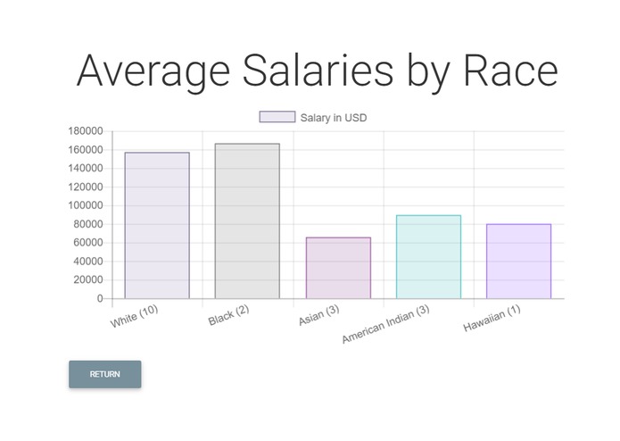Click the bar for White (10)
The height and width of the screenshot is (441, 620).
pos(157,225)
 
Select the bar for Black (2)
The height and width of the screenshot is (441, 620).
pos(247,220)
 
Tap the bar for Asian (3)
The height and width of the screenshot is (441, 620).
pos(338,268)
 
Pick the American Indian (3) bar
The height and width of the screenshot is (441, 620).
pos(428,257)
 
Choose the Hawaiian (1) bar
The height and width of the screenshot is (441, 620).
pos(518,261)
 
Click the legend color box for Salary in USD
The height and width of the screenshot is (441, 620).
pos(277,117)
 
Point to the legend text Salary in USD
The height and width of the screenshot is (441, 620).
pos(334,117)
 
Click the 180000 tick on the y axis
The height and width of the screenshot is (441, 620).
pos(86,131)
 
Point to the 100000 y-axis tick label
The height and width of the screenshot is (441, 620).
pos(86,205)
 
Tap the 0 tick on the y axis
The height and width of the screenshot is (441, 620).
pos(100,299)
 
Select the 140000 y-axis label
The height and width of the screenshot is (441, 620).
pos(86,168)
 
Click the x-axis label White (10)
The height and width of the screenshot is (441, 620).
pos(135,315)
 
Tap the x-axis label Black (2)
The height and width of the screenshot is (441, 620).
pos(228,316)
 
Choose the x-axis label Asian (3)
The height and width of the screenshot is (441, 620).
pos(319,316)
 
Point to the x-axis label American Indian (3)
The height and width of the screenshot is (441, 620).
pos(386,324)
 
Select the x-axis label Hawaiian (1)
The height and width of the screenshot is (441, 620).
pos(492,319)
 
